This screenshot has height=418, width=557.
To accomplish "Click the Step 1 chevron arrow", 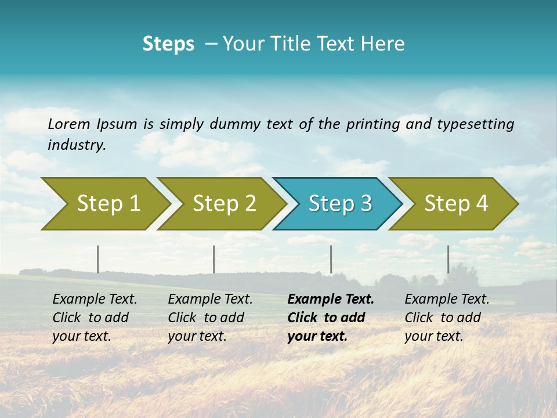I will [107, 204].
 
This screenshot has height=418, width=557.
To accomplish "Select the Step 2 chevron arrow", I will [223, 204].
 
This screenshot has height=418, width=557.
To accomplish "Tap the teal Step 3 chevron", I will [339, 204].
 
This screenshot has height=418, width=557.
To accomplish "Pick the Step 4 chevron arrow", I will [455, 204].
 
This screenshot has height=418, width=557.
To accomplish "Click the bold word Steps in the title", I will [168, 44].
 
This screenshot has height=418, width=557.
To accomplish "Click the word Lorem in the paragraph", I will [69, 124].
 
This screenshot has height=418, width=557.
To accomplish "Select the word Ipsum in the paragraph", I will [117, 124].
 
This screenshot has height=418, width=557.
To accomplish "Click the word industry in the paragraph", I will [77, 145].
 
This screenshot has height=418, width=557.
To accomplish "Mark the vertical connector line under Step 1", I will [97, 259].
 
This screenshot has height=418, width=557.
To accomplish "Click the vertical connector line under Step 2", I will [214, 259].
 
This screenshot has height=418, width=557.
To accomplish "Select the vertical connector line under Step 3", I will [331, 259].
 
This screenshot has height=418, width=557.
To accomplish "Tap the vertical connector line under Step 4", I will [448, 259].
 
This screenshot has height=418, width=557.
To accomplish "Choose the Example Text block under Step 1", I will [95, 318].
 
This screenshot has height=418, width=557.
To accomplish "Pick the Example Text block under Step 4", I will [447, 318].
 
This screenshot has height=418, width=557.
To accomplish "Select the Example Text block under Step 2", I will [210, 318].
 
